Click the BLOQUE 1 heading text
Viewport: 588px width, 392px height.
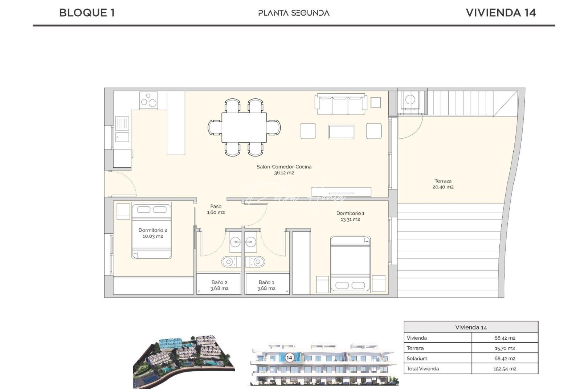tap(87, 13)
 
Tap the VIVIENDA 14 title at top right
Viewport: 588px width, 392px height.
tap(501, 13)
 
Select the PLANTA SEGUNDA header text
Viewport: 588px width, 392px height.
tap(294, 13)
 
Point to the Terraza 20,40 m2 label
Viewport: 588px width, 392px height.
tap(443, 184)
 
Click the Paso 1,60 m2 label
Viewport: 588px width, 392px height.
tap(216, 209)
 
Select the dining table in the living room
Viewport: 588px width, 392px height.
tap(244, 127)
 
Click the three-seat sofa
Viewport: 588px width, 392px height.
tap(340, 104)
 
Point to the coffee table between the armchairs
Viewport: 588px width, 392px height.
tap(341, 132)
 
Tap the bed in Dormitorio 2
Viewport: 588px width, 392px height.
tap(151, 231)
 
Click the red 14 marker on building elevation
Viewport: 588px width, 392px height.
tap(289, 358)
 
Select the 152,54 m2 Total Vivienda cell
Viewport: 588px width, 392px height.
tap(505, 369)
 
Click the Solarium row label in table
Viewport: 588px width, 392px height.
tap(417, 358)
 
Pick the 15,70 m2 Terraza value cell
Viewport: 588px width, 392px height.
tap(505, 348)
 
